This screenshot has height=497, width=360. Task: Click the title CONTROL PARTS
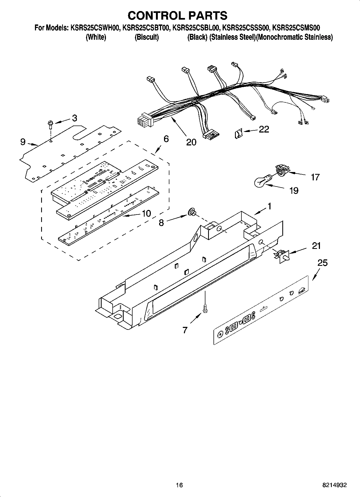click(x=177, y=16)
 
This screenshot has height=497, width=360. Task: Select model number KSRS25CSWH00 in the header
click(x=95, y=28)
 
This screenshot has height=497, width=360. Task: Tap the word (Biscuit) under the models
click(x=147, y=37)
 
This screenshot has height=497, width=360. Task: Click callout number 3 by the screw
click(x=74, y=118)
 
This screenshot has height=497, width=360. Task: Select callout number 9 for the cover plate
click(x=23, y=142)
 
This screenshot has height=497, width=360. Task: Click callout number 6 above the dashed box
click(x=166, y=139)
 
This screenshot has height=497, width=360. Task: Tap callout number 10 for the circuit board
click(x=146, y=213)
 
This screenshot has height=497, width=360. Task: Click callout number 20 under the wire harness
click(x=191, y=142)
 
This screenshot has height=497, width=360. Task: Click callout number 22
click(x=264, y=129)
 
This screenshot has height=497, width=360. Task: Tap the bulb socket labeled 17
click(x=281, y=171)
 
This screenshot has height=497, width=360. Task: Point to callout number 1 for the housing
click(x=269, y=206)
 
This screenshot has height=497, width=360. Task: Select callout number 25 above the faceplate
click(x=322, y=263)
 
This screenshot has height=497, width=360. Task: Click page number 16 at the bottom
click(x=179, y=485)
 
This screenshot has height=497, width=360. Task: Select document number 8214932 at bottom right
click(x=334, y=485)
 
